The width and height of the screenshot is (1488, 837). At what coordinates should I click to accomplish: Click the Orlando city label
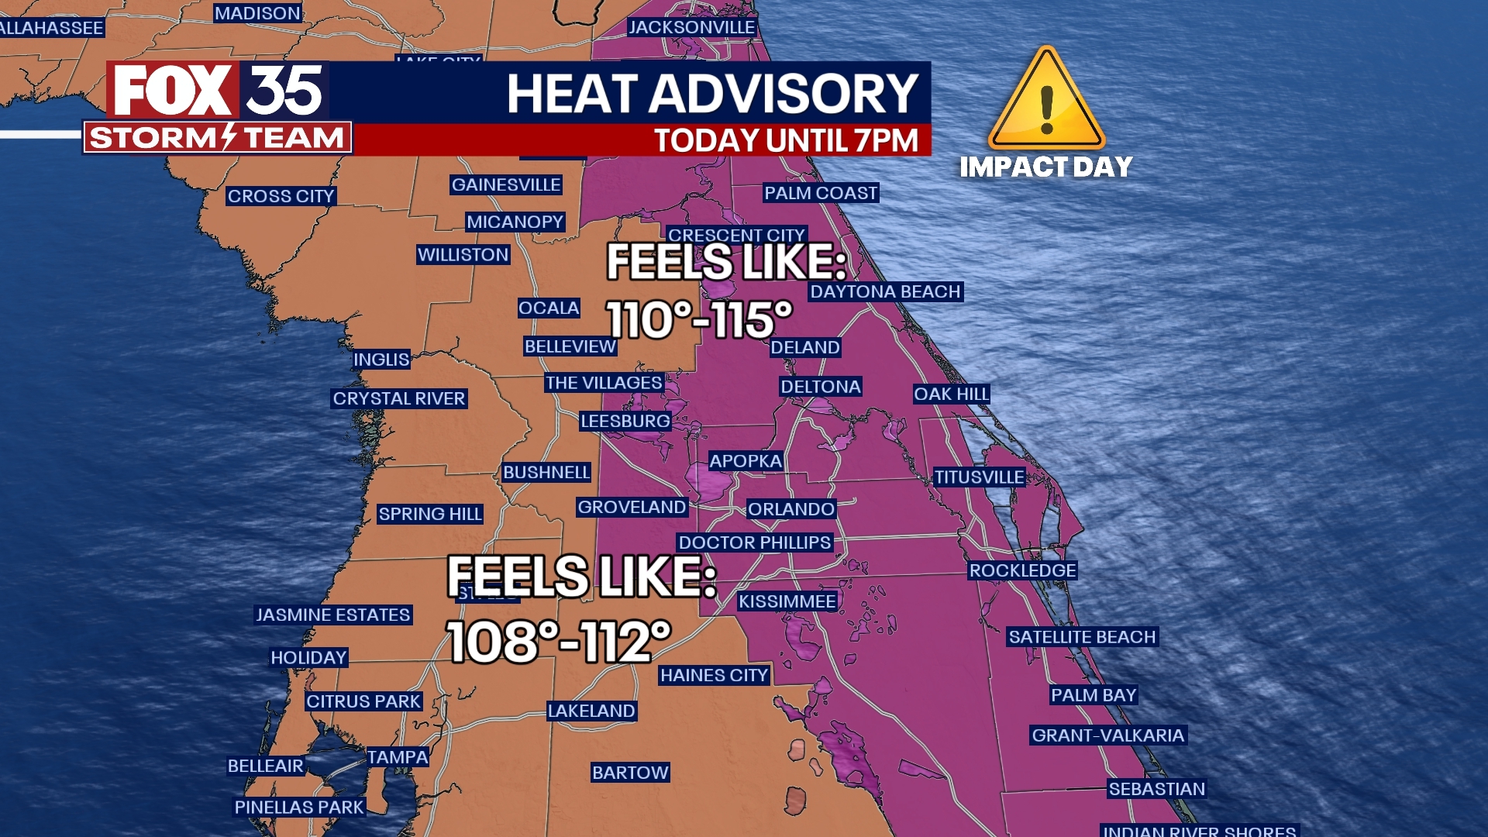pyautogui.click(x=790, y=509)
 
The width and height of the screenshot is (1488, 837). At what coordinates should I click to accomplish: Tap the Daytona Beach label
pyautogui.click(x=885, y=291)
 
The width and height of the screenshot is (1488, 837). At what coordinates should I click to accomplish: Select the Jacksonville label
pyautogui.click(x=691, y=27)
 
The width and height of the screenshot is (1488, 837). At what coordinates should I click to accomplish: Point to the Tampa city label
pyautogui.click(x=398, y=757)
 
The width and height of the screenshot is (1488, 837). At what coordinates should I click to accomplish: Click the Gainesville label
pyautogui.click(x=506, y=184)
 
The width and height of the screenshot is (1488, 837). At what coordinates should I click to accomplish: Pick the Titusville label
pyautogui.click(x=979, y=477)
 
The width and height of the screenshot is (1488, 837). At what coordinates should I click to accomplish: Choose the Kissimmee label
pyautogui.click(x=787, y=601)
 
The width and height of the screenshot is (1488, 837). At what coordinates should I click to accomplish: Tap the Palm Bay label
pyautogui.click(x=1094, y=695)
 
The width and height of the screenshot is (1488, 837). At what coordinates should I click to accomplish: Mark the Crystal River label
pyautogui.click(x=399, y=398)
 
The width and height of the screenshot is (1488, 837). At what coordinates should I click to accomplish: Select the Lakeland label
pyautogui.click(x=591, y=711)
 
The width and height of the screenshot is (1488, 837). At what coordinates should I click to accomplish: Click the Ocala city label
pyautogui.click(x=549, y=308)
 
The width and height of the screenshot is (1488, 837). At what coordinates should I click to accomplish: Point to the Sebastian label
pyautogui.click(x=1156, y=789)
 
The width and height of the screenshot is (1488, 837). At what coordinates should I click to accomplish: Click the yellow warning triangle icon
pyautogui.click(x=1046, y=101)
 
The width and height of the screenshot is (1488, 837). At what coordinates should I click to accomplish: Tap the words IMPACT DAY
pyautogui.click(x=1046, y=167)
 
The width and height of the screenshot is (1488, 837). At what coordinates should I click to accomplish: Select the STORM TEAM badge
pyautogui.click(x=218, y=138)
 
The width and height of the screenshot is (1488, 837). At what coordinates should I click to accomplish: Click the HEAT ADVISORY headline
pyautogui.click(x=712, y=94)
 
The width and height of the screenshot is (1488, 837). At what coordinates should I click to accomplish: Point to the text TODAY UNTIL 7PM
pyautogui.click(x=786, y=140)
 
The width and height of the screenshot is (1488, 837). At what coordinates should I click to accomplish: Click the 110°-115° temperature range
pyautogui.click(x=699, y=319)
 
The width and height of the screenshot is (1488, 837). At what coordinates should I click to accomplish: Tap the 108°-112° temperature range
pyautogui.click(x=559, y=642)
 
